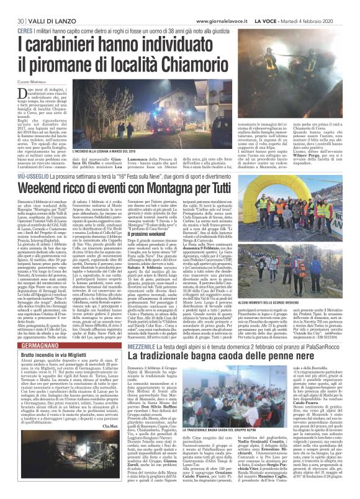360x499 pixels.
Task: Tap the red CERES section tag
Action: pyautogui.click(x=25, y=30)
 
